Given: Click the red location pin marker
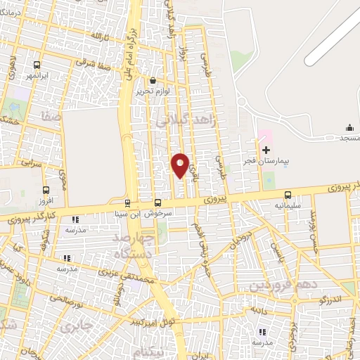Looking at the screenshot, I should tap(180, 165).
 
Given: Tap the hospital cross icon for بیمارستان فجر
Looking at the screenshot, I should tap(266, 150).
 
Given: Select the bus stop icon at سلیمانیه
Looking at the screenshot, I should tap(287, 196).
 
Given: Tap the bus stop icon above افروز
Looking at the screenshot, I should tap(46, 190).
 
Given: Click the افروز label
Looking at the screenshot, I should tap(45, 201).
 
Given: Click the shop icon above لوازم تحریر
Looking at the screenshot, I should tap(153, 81).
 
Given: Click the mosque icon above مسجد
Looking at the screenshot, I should tap(349, 127).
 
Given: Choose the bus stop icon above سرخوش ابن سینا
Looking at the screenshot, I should tap(156, 202).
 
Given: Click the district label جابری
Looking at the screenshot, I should tap(75, 327).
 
